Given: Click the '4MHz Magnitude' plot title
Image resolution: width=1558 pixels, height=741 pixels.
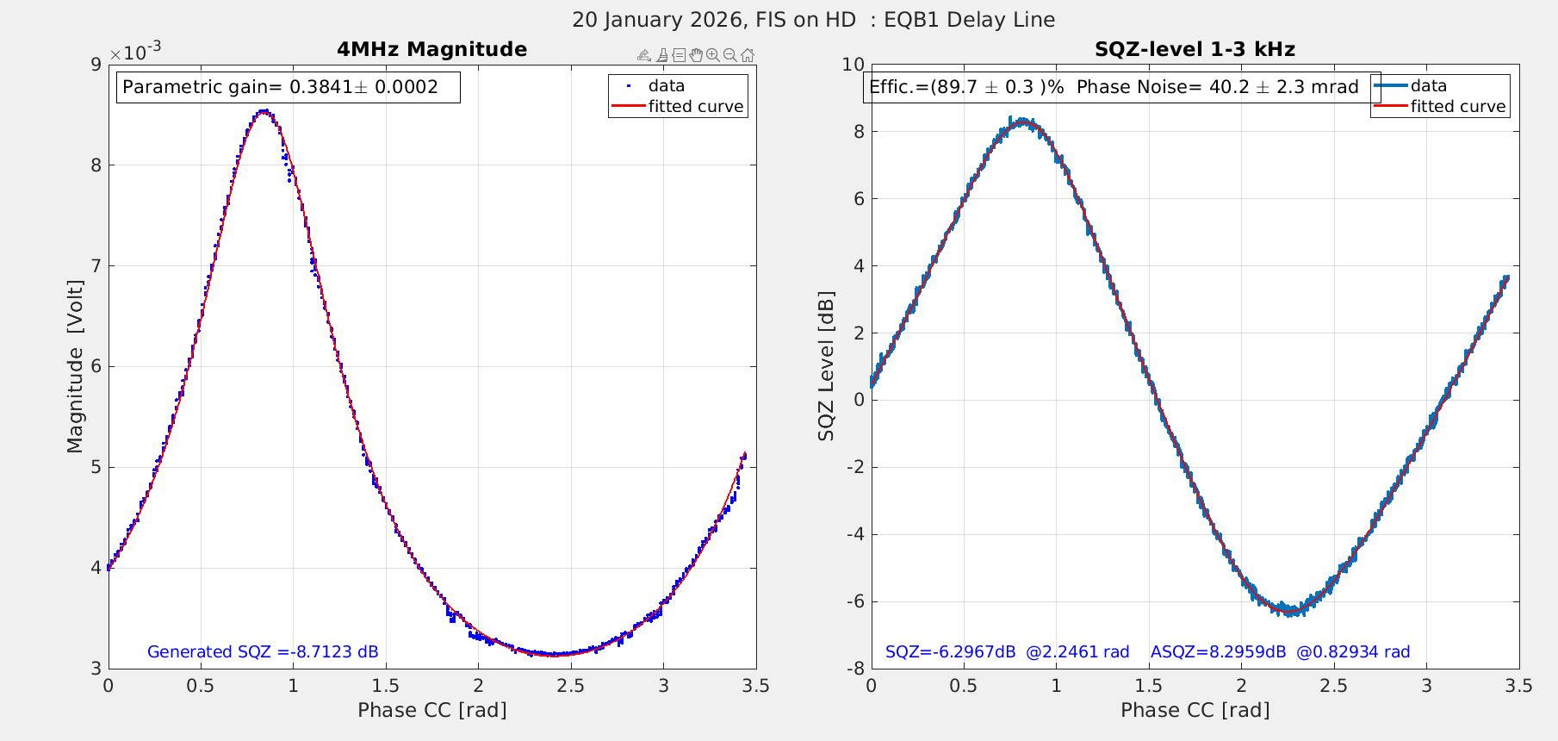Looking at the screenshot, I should [x=431, y=49].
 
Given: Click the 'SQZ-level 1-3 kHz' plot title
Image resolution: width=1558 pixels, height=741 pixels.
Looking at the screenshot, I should [x=1195, y=49].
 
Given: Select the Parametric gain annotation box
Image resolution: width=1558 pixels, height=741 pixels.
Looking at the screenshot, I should [x=288, y=87].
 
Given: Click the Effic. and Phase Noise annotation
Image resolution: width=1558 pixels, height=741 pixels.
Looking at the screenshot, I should [x=1114, y=87].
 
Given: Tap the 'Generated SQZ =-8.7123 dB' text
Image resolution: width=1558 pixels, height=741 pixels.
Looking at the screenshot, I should [x=263, y=652].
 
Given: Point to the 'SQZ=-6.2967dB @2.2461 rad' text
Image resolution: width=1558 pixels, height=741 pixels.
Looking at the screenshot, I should [x=1007, y=652].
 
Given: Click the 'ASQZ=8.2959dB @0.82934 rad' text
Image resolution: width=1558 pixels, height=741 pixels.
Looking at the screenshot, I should [x=1280, y=652].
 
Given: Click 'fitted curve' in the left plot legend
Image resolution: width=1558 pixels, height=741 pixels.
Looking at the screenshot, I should [x=695, y=107].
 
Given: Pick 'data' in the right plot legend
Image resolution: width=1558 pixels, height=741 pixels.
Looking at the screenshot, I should [x=1428, y=86].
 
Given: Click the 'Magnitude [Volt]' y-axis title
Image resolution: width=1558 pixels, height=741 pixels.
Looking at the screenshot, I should [x=76, y=366].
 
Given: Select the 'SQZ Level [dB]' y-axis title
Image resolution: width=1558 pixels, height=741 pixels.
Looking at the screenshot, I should [x=827, y=366].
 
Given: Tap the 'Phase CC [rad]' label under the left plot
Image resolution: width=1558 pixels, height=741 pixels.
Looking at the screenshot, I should [x=431, y=710].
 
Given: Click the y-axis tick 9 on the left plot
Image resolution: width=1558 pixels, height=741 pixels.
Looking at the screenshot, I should [x=94, y=65].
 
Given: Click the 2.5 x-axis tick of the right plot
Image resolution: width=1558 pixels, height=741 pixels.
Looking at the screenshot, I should [x=1333, y=686].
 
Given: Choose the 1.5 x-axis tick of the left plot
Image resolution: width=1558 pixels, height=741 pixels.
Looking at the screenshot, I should [x=386, y=686].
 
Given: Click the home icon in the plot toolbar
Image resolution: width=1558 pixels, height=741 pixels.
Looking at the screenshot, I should [x=748, y=55].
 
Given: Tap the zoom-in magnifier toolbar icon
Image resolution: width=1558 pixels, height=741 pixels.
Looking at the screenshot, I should [x=713, y=55].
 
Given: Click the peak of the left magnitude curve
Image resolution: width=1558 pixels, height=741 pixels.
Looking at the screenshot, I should [x=264, y=110].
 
